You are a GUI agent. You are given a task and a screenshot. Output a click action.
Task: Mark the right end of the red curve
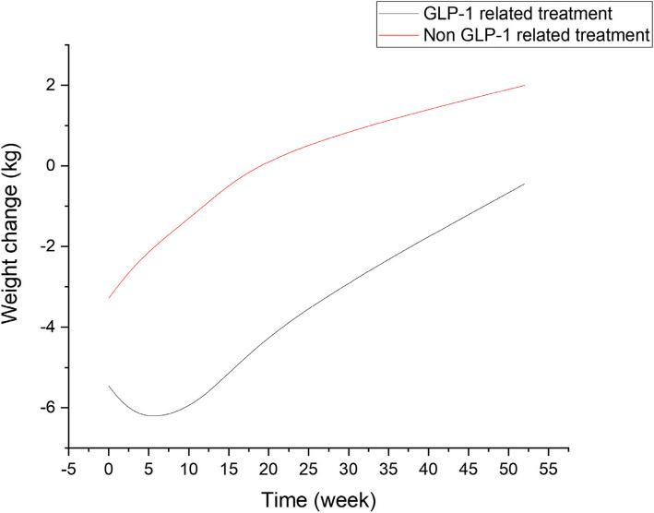click(x=525, y=85)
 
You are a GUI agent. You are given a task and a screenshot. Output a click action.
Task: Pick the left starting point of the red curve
click(x=109, y=298)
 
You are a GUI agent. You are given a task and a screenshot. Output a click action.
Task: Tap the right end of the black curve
click(x=525, y=184)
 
